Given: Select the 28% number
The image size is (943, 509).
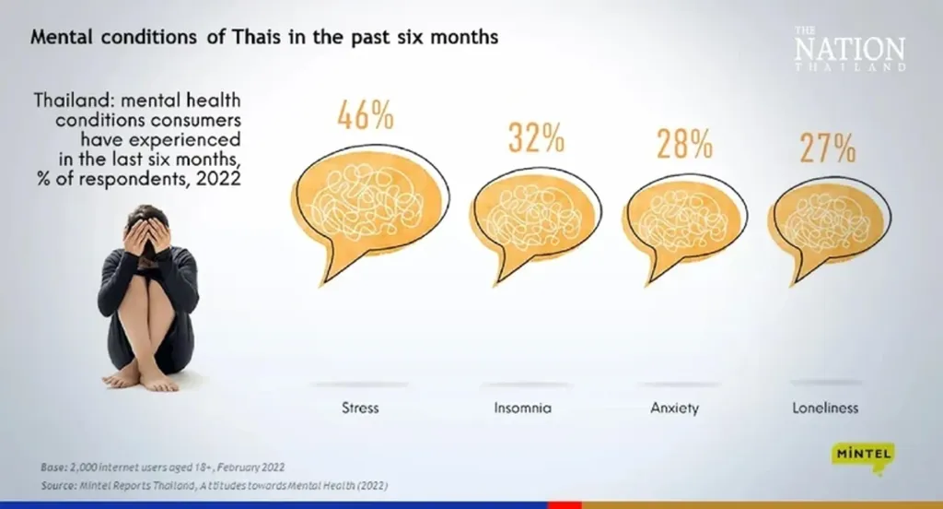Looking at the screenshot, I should pyautogui.click(x=684, y=145).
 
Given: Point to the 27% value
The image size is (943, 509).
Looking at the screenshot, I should pyautogui.click(x=827, y=148).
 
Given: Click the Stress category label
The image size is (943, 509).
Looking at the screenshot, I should pyautogui.click(x=359, y=407).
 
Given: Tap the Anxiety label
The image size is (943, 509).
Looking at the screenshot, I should pyautogui.click(x=675, y=407).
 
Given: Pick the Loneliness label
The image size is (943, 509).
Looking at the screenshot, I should pyautogui.click(x=825, y=407).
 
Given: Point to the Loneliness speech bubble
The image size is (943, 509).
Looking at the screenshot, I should pyautogui.click(x=826, y=220).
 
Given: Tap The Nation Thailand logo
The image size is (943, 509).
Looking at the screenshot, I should pyautogui.click(x=849, y=49).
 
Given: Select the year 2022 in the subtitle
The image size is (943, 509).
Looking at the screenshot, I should pyautogui.click(x=221, y=177).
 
